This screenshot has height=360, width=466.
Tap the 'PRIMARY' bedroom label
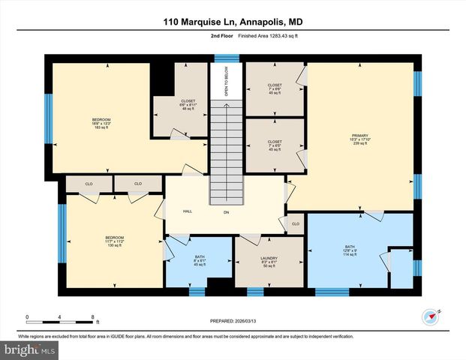360,139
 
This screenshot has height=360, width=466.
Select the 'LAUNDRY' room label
269,262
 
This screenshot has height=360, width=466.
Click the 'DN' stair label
226,212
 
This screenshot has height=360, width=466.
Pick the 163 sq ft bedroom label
101,123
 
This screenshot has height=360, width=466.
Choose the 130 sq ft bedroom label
114,241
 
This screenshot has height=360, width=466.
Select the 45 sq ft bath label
199,259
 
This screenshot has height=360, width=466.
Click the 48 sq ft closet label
188,104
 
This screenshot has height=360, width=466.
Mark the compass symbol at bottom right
430,316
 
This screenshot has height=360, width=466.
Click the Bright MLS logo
30,349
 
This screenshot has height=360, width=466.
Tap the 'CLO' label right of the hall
295,223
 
